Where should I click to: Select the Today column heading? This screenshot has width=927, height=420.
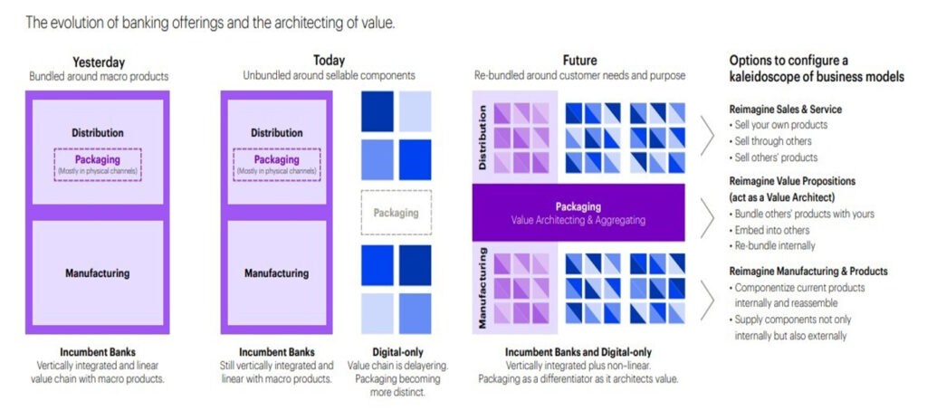pyautogui.click(x=329, y=61)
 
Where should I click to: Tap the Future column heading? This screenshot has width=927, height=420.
pyautogui.click(x=579, y=61)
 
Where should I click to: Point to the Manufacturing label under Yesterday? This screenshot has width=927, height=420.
pyautogui.click(x=97, y=272)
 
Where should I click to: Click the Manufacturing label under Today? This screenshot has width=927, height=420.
pyautogui.click(x=276, y=272)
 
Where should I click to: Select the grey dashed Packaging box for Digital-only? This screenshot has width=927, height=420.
pyautogui.click(x=396, y=213)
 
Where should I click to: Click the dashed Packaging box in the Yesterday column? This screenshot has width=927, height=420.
pyautogui.click(x=97, y=164)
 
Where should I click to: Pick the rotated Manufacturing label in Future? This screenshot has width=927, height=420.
pyautogui.click(x=483, y=288)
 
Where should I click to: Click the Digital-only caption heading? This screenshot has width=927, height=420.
pyautogui.click(x=396, y=351)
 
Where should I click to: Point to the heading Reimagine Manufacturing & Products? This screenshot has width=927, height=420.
pyautogui.click(x=808, y=271)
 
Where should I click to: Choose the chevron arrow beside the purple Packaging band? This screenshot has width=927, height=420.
pyautogui.click(x=708, y=213)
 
